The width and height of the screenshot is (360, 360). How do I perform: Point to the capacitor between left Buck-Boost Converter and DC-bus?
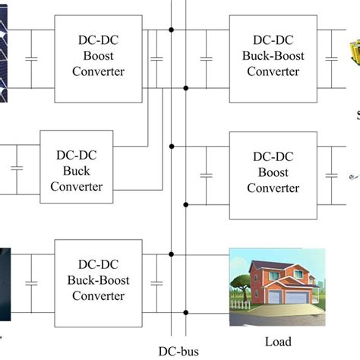(x=157, y=282)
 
